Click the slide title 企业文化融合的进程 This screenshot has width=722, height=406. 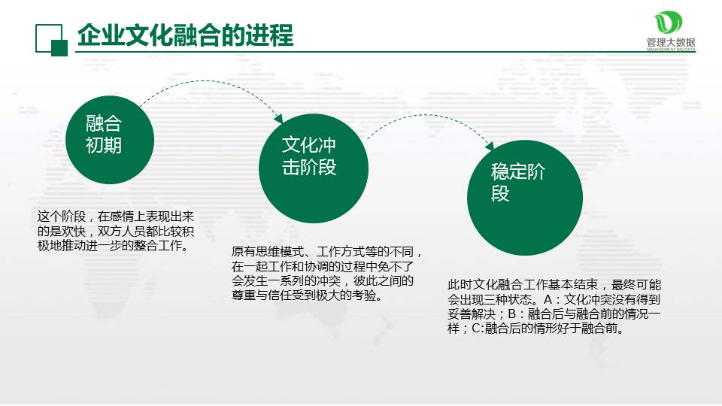pyautogui.click(x=185, y=35)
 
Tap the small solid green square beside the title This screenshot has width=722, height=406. pyautogui.click(x=59, y=48)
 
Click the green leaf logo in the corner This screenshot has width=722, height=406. pyautogui.click(x=668, y=22)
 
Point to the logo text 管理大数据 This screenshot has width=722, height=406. pyautogui.click(x=671, y=43)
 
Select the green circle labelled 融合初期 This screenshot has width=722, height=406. pyautogui.click(x=110, y=140)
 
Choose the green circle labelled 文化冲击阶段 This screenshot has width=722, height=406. pyautogui.click(x=314, y=168)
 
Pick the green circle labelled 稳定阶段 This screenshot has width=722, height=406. pyautogui.click(x=525, y=198)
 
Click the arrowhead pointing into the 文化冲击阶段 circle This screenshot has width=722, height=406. pyautogui.click(x=278, y=118)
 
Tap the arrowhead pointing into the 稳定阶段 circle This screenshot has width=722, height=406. pyautogui.click(x=490, y=145)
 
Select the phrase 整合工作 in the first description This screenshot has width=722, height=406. pyautogui.click(x=158, y=245)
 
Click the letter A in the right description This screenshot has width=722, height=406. pyautogui.click(x=548, y=300)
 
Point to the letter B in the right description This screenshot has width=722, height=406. pyautogui.click(x=511, y=314)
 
